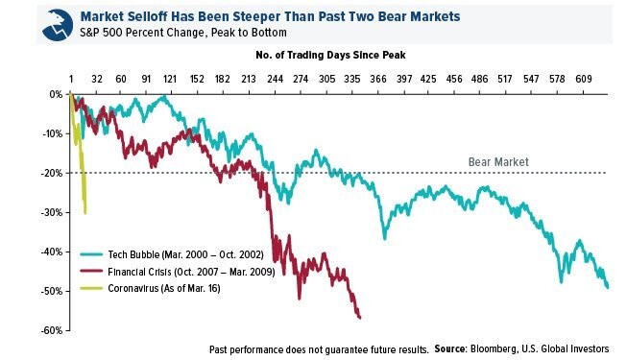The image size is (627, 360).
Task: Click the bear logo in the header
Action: click(58, 25)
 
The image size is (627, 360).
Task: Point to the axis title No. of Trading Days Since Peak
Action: click(330, 55)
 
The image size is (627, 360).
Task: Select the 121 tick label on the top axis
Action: click(170, 79)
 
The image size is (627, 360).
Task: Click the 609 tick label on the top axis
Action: click(584, 79)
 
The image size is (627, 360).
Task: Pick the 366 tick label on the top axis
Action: click(378, 79)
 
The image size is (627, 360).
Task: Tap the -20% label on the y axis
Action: click(53, 173)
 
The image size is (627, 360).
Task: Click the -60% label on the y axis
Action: click(53, 330)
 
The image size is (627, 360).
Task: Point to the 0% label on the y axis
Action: click(57, 94)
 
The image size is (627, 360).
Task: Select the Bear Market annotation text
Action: click(498, 162)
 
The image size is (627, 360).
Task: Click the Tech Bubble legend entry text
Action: click(185, 254)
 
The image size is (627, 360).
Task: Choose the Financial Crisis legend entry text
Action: click(191, 272)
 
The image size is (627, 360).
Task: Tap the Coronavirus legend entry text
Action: click(164, 288)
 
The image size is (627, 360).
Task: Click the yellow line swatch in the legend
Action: click(91, 288)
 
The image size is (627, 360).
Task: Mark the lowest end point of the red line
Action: click(360, 318)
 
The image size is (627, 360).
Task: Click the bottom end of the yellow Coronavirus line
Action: click(85, 213)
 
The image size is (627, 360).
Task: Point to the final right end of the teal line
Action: click(608, 287)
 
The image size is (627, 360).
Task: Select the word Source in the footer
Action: click(450, 348)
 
